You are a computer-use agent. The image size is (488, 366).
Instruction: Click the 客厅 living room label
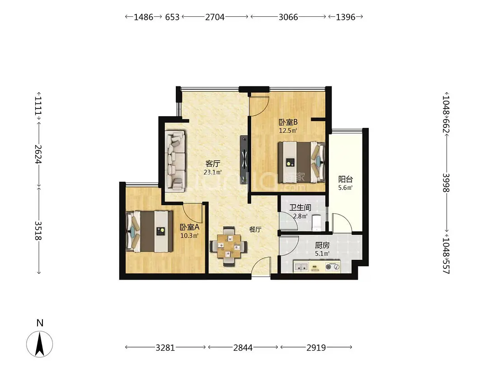click(x=213, y=164)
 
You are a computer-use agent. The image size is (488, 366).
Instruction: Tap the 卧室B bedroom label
click(x=288, y=122)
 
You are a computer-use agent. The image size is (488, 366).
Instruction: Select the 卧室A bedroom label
click(x=189, y=227)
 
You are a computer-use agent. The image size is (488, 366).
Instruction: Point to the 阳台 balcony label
click(x=346, y=179)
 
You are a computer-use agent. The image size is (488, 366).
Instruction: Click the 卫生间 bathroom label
click(x=300, y=207)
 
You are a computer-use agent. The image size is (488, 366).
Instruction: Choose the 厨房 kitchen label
click(x=322, y=245)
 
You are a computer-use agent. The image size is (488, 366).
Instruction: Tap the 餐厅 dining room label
click(x=255, y=230)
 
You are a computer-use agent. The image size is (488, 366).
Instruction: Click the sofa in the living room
click(x=175, y=160)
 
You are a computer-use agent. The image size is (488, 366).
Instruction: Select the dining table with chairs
click(x=229, y=246)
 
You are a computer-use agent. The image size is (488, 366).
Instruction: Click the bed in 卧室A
click(x=149, y=231)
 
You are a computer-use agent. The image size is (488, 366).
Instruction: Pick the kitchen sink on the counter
click(x=301, y=267)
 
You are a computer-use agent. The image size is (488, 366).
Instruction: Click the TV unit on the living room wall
click(x=244, y=159)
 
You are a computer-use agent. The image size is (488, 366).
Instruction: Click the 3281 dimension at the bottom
click(x=165, y=347)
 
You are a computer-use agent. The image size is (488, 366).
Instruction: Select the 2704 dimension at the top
click(x=215, y=17)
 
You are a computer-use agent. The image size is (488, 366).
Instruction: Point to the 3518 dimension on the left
click(x=38, y=230)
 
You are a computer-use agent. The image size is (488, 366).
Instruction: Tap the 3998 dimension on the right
click(x=446, y=183)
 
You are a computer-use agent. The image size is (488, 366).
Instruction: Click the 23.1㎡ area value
click(x=213, y=172)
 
